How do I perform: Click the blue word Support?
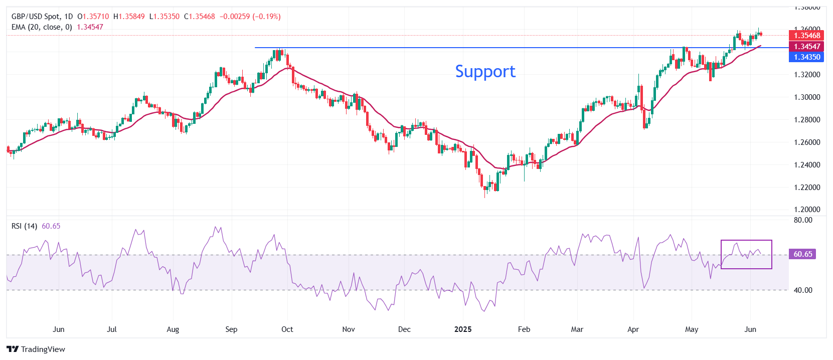click(485, 72)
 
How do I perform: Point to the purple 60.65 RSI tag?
click(802, 254)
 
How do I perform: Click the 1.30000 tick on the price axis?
click(807, 97)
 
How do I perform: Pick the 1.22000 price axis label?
click(807, 188)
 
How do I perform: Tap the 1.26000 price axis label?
click(807, 142)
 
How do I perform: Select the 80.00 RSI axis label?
click(803, 220)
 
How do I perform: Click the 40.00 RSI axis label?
click(803, 290)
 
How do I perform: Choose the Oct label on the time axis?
click(287, 329)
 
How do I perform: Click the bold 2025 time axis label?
click(462, 329)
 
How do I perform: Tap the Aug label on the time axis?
click(173, 329)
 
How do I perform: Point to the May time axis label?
click(692, 329)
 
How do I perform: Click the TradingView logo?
click(36, 349)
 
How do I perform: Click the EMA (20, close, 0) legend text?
click(42, 27)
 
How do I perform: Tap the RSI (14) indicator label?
click(24, 226)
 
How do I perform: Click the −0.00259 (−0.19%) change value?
click(250, 17)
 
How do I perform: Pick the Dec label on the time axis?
click(404, 329)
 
